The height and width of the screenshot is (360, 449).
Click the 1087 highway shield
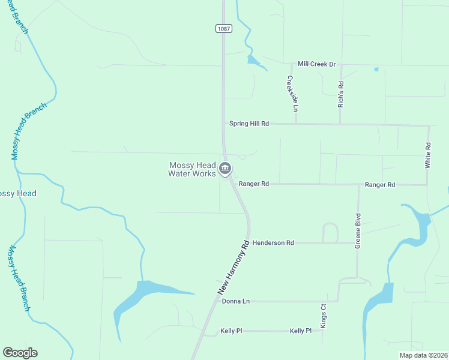coord(223,28)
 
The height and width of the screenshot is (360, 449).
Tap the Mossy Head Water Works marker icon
coord(225,169)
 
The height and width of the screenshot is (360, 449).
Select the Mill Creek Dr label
coord(317,64)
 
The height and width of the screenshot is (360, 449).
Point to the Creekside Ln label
coord(292,94)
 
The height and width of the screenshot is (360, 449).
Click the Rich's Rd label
coord(340,94)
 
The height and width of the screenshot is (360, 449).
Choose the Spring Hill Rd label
coord(249,124)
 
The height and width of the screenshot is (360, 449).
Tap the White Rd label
coord(428,155)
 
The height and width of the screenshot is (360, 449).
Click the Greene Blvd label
coord(358,231)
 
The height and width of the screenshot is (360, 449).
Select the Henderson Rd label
coord(273,243)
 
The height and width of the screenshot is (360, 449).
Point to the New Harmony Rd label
coord(233,268)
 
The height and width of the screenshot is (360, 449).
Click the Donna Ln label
coord(235,301)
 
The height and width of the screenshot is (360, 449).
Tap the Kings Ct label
coord(323,315)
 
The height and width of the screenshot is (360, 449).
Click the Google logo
coord(20,353)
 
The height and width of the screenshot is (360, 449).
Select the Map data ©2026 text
coord(423,355)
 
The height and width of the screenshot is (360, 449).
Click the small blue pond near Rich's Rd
coord(376,70)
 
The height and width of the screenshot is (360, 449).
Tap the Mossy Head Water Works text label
coord(192,169)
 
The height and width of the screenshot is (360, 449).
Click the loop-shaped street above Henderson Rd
coord(330,232)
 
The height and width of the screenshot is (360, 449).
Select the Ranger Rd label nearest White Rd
coord(380,185)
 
